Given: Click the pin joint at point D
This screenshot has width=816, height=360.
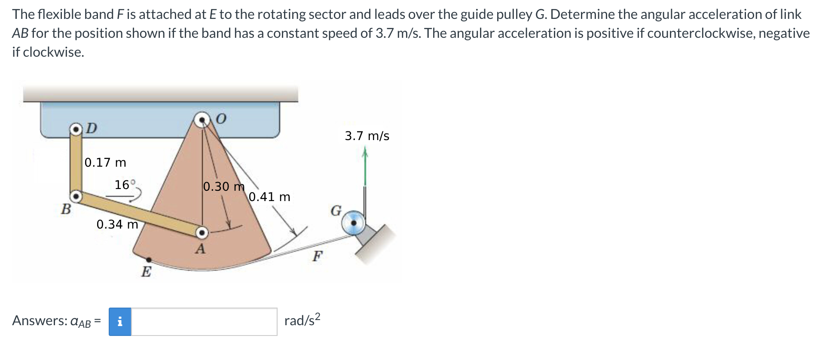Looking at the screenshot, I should click(x=76, y=129).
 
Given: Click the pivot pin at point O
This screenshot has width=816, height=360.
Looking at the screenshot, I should click(x=202, y=120).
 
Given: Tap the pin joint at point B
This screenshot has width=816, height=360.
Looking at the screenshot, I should click(x=76, y=197).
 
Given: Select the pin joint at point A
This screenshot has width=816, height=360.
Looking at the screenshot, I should click(x=202, y=233).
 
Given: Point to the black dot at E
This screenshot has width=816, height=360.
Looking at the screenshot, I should click(x=149, y=259).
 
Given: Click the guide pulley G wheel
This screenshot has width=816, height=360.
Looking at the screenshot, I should click(x=353, y=223).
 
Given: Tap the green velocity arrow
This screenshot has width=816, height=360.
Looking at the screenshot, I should click(x=365, y=168).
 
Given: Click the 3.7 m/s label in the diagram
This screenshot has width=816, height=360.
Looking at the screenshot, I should click(x=367, y=136).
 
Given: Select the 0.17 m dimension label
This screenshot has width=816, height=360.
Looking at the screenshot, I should click(x=105, y=162).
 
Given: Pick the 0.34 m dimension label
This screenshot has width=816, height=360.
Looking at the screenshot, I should click(x=117, y=224).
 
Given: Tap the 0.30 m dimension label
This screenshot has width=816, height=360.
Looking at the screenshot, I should click(x=223, y=186).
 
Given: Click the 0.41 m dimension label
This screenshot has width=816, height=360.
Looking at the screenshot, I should click(x=269, y=197).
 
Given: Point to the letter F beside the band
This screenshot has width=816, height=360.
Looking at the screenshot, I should click(x=317, y=256).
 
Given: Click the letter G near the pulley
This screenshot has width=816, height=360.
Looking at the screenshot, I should click(x=336, y=211).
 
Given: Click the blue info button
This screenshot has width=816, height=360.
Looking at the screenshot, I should click(x=120, y=321).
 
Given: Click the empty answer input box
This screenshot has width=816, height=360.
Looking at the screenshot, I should click(x=204, y=321).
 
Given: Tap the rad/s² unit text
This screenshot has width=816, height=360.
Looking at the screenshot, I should click(x=302, y=320).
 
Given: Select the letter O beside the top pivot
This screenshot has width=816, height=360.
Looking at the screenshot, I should click(x=220, y=119).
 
